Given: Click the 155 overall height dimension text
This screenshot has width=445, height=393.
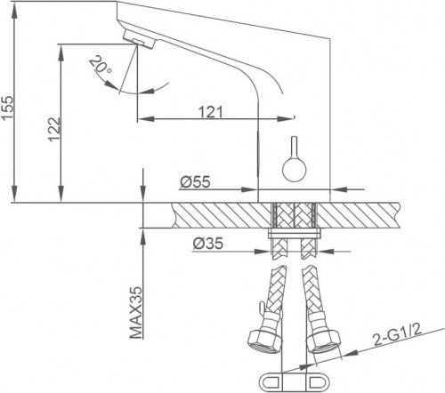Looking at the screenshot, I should pyautogui.click(x=8, y=96).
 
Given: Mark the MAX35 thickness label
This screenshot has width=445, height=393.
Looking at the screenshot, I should pyautogui.click(x=136, y=313).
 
